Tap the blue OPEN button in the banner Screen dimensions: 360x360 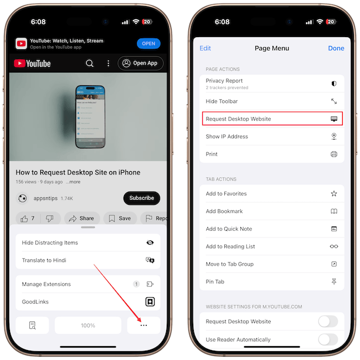coord(148,44)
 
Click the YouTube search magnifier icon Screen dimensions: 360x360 coord(90,63)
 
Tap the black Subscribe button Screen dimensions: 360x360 coord(142,198)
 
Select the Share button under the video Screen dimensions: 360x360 coord(82,218)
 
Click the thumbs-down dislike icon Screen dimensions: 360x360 coord(50,218)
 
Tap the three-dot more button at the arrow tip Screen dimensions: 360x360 coord(143,325)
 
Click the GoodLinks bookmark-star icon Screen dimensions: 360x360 coord(150,302)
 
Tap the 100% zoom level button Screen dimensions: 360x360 coord(88,325)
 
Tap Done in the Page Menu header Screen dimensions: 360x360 coord(336,48)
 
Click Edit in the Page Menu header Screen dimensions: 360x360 coord(205,48)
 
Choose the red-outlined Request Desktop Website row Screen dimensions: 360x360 coord(272,119)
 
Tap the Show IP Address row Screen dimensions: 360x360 coord(272,136)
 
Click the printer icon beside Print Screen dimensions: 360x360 coord(334,154)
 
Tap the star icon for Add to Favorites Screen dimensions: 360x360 coord(334,193)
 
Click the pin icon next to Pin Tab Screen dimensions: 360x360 coord(334,281)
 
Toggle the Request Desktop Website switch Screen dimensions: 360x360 coord(328,321)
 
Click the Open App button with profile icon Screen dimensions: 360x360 coord(141,63)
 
